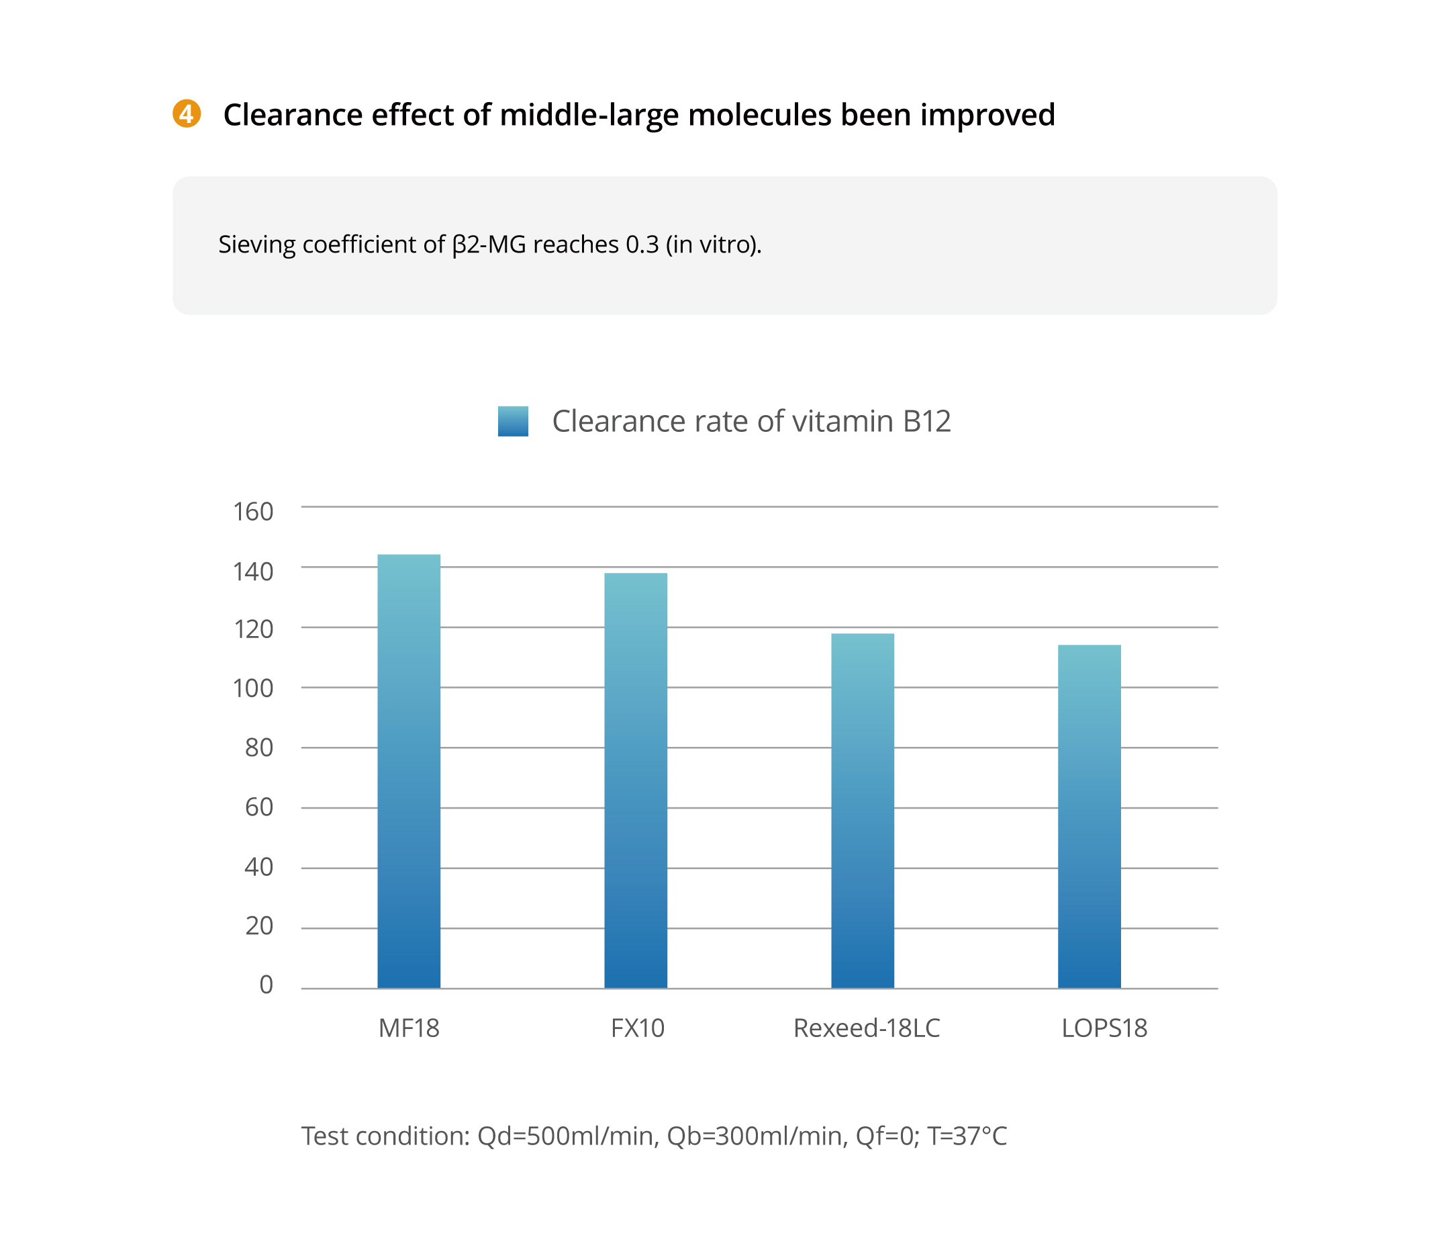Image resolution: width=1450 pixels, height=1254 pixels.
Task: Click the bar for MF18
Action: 409,771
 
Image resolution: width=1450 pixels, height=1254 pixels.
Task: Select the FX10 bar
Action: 636,780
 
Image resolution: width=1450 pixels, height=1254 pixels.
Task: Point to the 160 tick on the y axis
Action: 252,512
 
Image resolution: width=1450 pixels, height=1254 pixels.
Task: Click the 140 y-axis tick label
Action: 252,572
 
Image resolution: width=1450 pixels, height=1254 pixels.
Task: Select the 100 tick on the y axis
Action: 252,688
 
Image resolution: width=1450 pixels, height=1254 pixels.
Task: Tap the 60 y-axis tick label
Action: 259,807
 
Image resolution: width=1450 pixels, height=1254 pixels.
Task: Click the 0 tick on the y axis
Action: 266,985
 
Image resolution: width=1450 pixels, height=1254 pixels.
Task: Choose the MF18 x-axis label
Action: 409,1028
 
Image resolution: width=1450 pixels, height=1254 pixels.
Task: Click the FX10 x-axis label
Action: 638,1028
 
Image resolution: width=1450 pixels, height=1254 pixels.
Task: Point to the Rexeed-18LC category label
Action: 867,1028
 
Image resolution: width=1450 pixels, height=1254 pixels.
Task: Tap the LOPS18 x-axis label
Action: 1104,1028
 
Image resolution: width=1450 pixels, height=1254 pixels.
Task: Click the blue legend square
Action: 513,421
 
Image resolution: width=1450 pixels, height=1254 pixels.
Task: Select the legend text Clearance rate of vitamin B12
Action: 751,422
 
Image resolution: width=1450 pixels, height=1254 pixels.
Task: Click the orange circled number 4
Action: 187,114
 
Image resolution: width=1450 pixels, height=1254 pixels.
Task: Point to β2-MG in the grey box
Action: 489,244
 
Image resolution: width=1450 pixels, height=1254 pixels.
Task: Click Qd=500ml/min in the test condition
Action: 567,1136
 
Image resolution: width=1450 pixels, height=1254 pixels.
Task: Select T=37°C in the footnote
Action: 967,1136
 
